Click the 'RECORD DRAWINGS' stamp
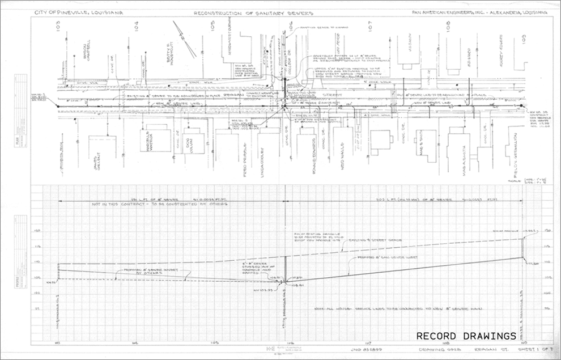click(x=466, y=335)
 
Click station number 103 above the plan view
click(x=58, y=26)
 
